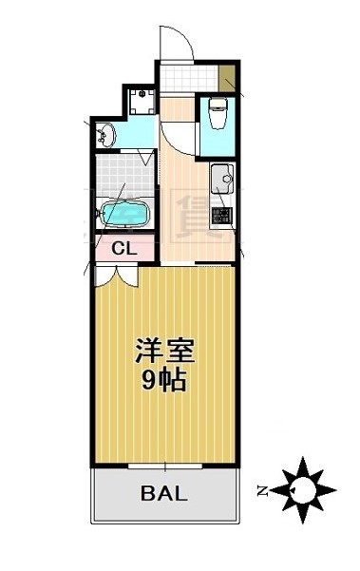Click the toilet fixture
(217, 113)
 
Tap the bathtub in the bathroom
(122, 215)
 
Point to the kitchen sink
(223, 176)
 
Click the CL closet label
(122, 249)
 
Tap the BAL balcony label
(164, 494)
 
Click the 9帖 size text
(164, 382)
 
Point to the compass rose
(305, 490)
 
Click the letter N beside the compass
(262, 491)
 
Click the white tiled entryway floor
(187, 78)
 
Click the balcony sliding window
(166, 466)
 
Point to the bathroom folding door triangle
(145, 157)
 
